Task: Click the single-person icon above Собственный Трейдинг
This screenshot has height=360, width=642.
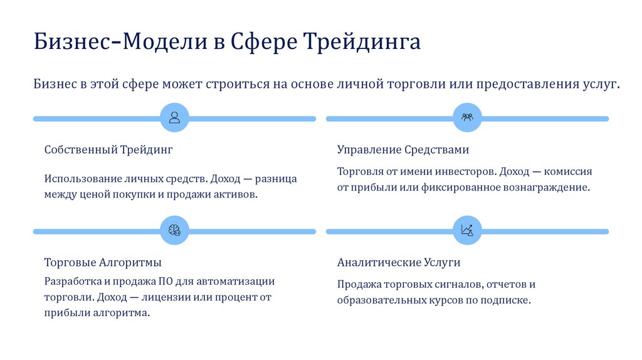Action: pos(174,118)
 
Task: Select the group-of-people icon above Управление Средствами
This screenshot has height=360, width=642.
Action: pos(467,118)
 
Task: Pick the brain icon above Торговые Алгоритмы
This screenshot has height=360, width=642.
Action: pos(174,231)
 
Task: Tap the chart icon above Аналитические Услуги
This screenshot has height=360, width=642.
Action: pos(467,231)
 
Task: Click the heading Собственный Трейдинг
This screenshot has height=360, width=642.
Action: pos(108,151)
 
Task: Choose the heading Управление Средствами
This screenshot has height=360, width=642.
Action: pos(403,151)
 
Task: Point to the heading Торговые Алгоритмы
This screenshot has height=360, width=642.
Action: pos(103,263)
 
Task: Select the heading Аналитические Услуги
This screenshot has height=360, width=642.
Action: pos(399,263)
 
